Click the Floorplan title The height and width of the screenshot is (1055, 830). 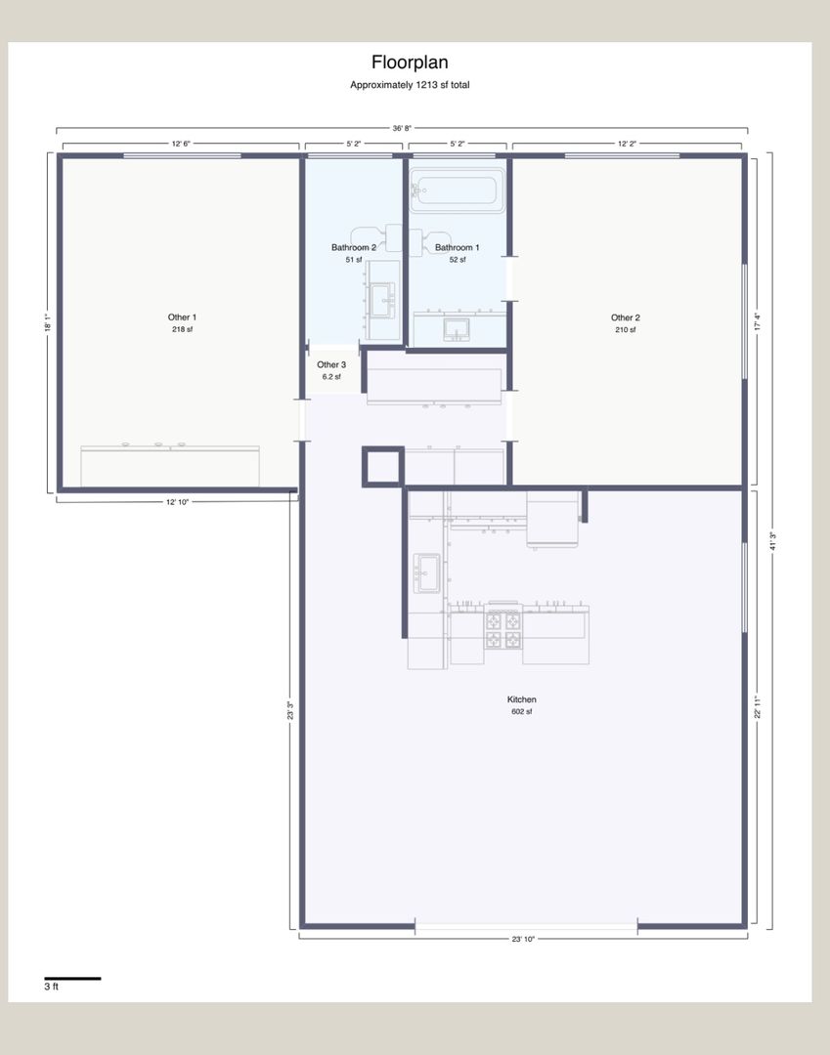pyautogui.click(x=410, y=63)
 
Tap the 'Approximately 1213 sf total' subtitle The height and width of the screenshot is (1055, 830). pyautogui.click(x=410, y=85)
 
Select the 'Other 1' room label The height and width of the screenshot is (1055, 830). pyautogui.click(x=182, y=316)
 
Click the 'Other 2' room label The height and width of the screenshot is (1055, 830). pyautogui.click(x=626, y=317)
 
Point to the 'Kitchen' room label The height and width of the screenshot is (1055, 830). pyautogui.click(x=522, y=699)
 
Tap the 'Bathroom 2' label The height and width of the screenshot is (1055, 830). pyautogui.click(x=353, y=247)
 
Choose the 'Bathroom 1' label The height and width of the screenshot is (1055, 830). pyautogui.click(x=458, y=247)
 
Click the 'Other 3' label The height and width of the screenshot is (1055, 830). pyautogui.click(x=331, y=364)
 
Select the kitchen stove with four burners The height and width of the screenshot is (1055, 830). pyautogui.click(x=503, y=629)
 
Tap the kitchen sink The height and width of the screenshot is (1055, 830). pyautogui.click(x=427, y=572)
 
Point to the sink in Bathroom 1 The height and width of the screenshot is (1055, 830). pyautogui.click(x=456, y=329)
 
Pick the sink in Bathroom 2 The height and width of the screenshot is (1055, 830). pyautogui.click(x=381, y=300)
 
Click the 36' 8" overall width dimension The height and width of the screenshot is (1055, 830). pyautogui.click(x=402, y=128)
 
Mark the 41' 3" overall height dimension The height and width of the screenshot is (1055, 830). pyautogui.click(x=772, y=541)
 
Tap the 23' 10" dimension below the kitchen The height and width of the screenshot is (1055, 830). pyautogui.click(x=523, y=939)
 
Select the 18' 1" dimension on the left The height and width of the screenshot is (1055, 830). pyautogui.click(x=47, y=323)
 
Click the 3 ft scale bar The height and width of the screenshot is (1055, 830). pyautogui.click(x=72, y=978)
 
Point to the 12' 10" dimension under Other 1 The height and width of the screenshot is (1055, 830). pyautogui.click(x=178, y=502)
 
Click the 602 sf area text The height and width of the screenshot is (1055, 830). pyautogui.click(x=522, y=711)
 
